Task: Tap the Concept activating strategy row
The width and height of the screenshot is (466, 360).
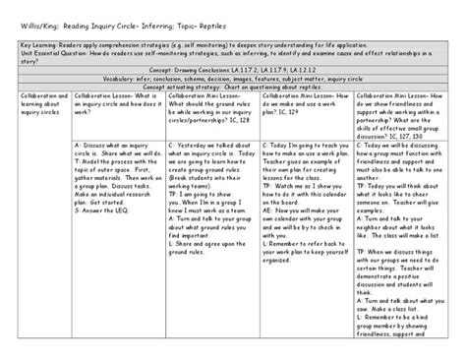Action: pos(233,87)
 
